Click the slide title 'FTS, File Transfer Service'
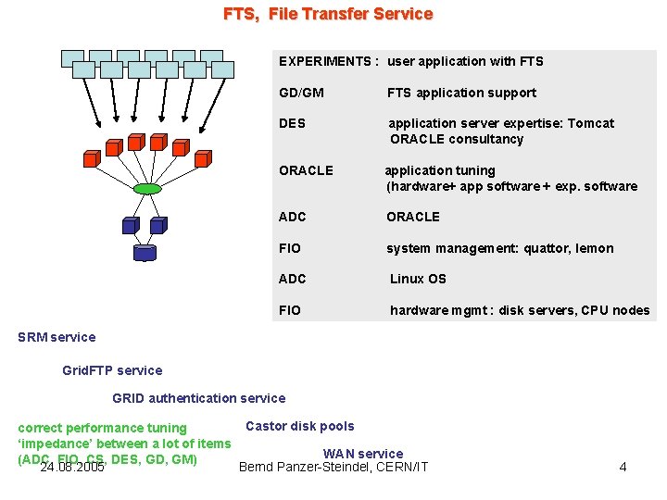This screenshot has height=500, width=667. coord(328,14)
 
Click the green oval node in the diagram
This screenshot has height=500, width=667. coord(147,189)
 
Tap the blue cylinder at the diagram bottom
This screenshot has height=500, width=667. coord(145,251)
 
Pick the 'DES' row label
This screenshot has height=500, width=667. coord(292,123)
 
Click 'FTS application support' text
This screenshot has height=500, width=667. coord(461,93)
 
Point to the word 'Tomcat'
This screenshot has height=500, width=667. coord(590,123)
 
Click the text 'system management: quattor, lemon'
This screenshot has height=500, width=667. coord(499,248)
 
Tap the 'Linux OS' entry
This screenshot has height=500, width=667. coord(418,279)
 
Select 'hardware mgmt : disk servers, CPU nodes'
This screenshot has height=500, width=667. coord(520,310)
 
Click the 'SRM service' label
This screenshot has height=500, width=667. coord(57,337)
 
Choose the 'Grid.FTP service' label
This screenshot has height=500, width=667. coord(112,370)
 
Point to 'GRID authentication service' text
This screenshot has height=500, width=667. coord(199,398)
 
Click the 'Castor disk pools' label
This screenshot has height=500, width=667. coord(299,426)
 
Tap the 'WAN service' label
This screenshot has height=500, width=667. coord(363,454)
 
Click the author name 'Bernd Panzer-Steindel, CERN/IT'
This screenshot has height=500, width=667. coord(333,467)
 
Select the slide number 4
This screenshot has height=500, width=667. coord(623,467)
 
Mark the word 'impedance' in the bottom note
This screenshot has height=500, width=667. coord(57,444)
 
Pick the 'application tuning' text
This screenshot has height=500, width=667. coord(440,170)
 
